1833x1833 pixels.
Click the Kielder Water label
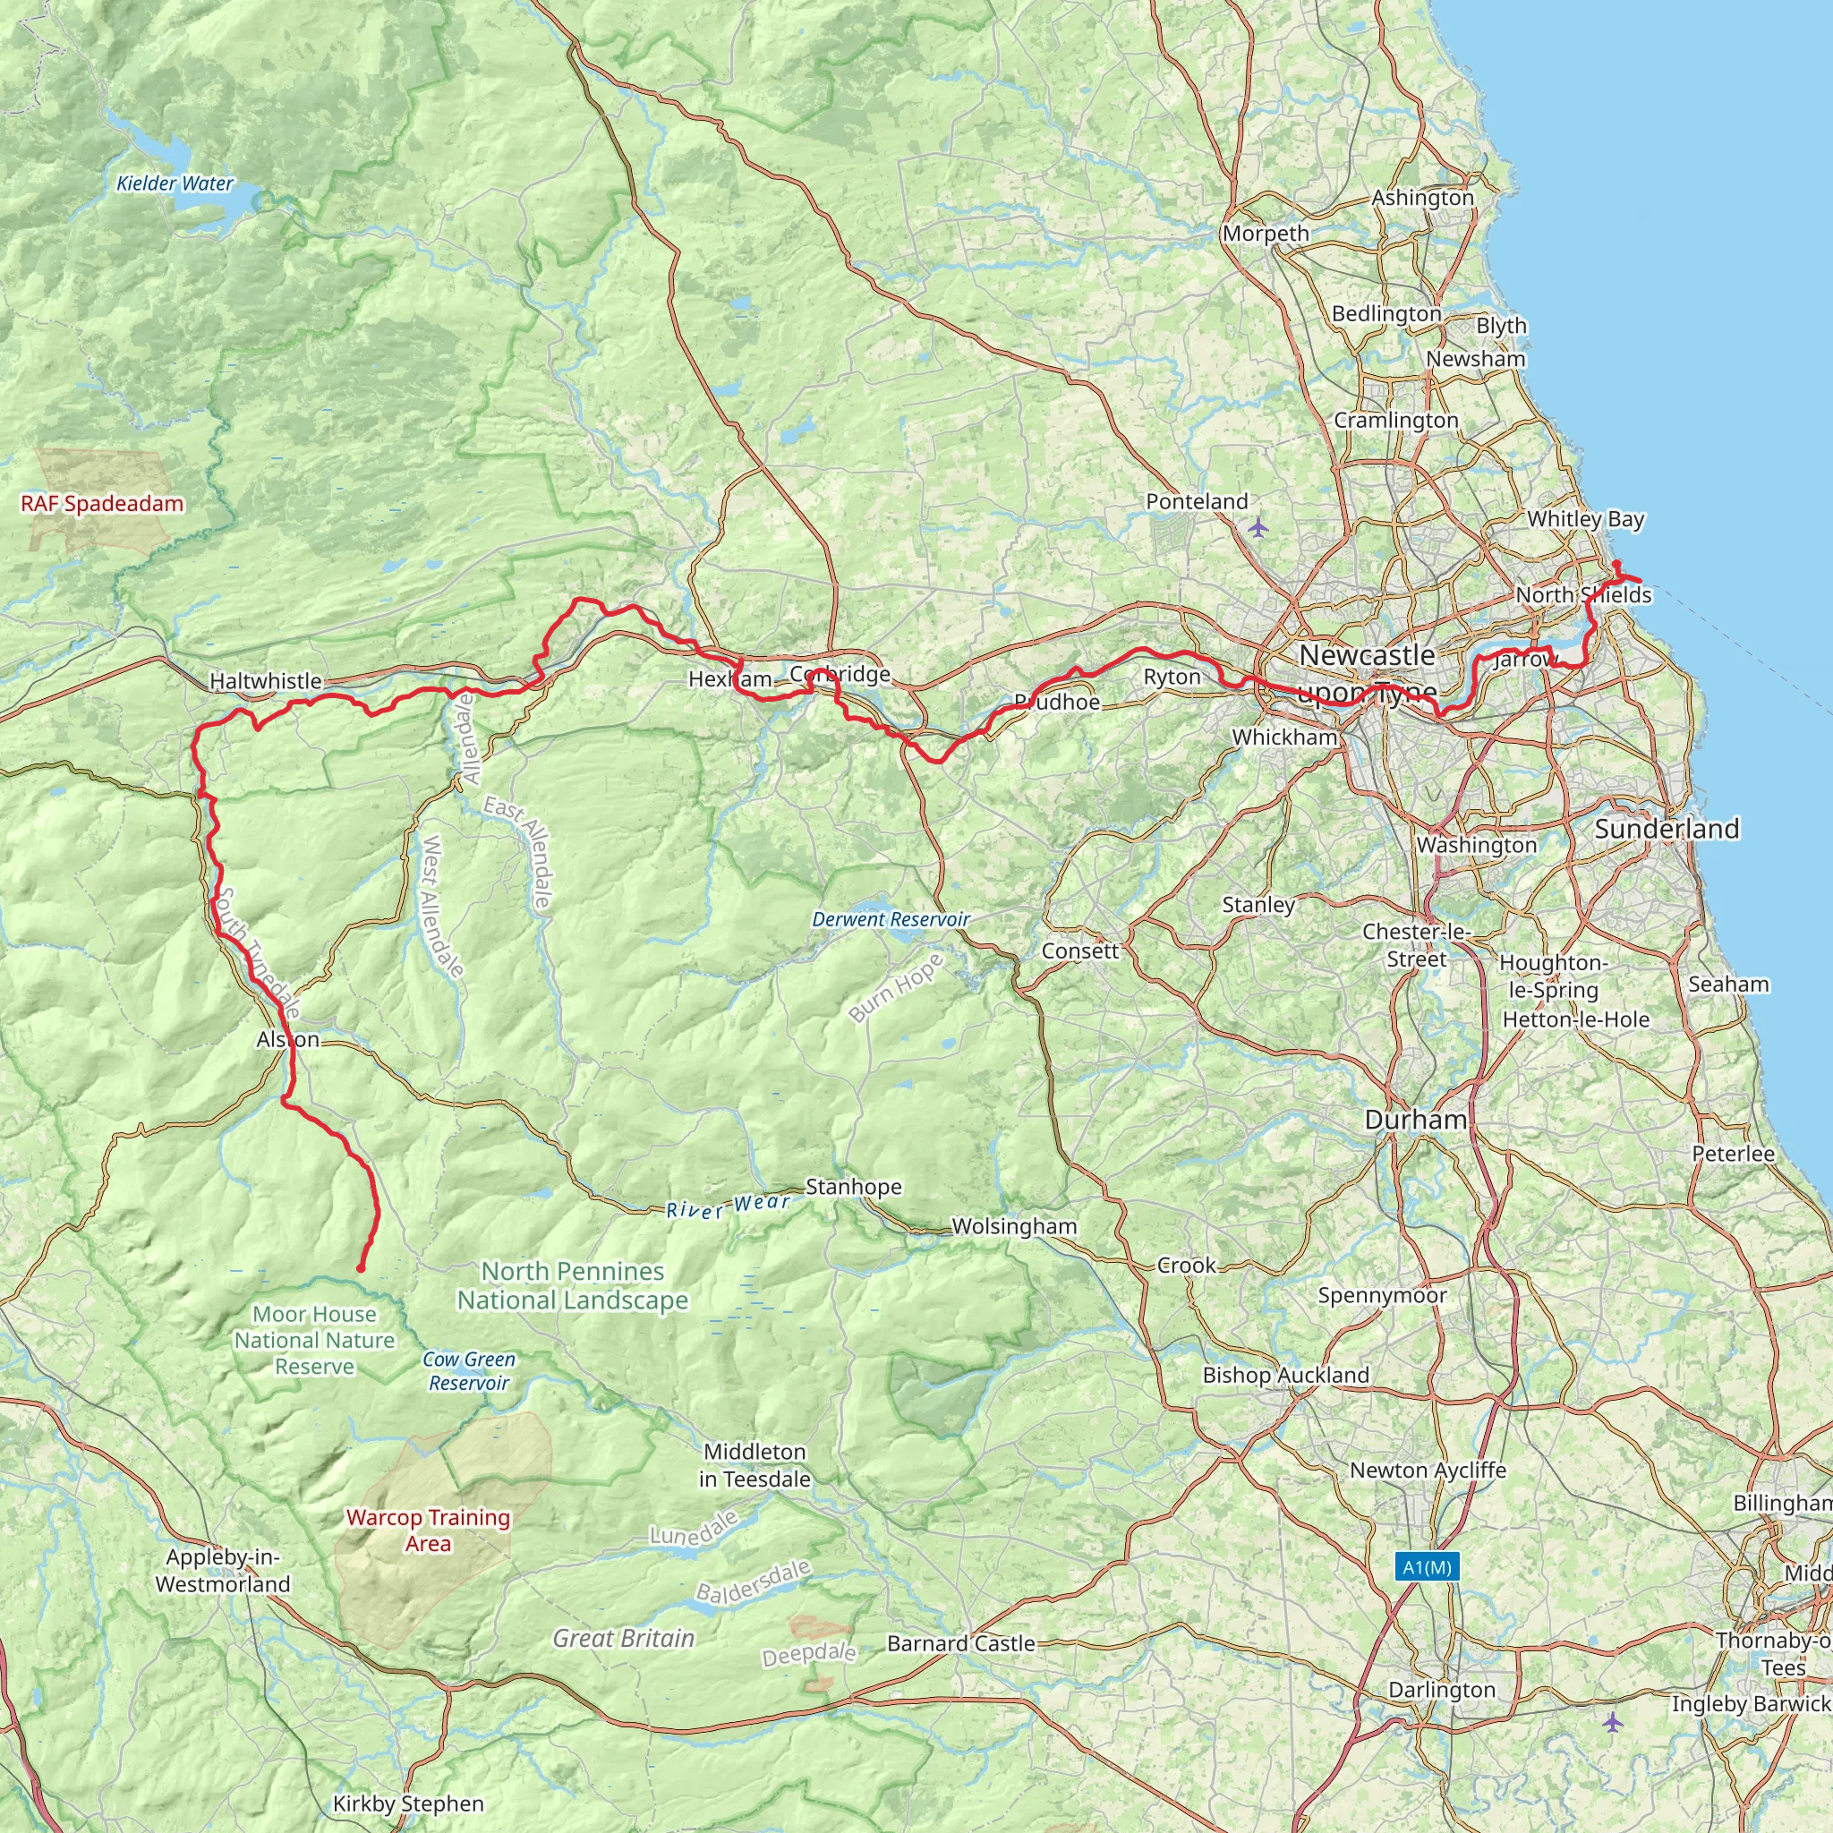(175, 184)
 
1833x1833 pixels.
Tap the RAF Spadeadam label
(102, 504)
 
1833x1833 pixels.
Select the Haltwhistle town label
(266, 681)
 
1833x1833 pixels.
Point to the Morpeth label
(1266, 234)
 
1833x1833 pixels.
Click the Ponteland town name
(1197, 501)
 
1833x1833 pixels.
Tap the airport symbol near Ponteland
(1258, 526)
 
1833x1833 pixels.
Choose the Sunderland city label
(1667, 828)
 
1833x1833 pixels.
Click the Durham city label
(1416, 1120)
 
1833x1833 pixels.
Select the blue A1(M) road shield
(1427, 1566)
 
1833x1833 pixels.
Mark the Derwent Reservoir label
(891, 919)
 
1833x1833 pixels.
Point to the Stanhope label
(854, 1187)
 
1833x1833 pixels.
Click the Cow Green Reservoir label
(469, 1371)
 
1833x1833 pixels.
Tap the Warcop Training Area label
(428, 1530)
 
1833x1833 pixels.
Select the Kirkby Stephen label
(408, 1803)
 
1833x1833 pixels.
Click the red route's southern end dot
(361, 1268)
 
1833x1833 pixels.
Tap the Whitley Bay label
(1585, 519)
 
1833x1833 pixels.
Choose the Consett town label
(1080, 951)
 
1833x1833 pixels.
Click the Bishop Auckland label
(1285, 1375)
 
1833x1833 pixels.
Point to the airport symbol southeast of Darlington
(1613, 1721)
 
